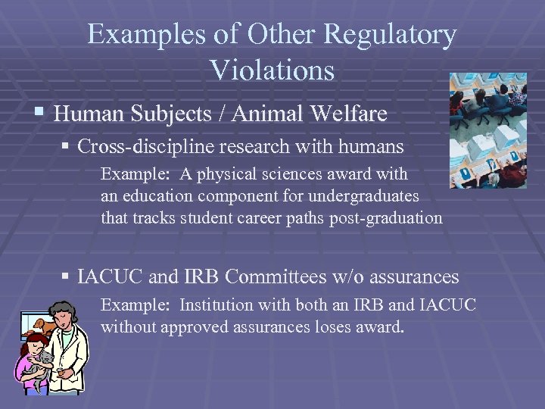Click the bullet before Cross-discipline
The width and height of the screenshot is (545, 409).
click(67, 145)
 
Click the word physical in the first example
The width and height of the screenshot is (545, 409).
click(223, 173)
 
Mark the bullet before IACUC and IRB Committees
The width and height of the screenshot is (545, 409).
click(67, 277)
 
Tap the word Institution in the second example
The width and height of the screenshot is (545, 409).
click(216, 305)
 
